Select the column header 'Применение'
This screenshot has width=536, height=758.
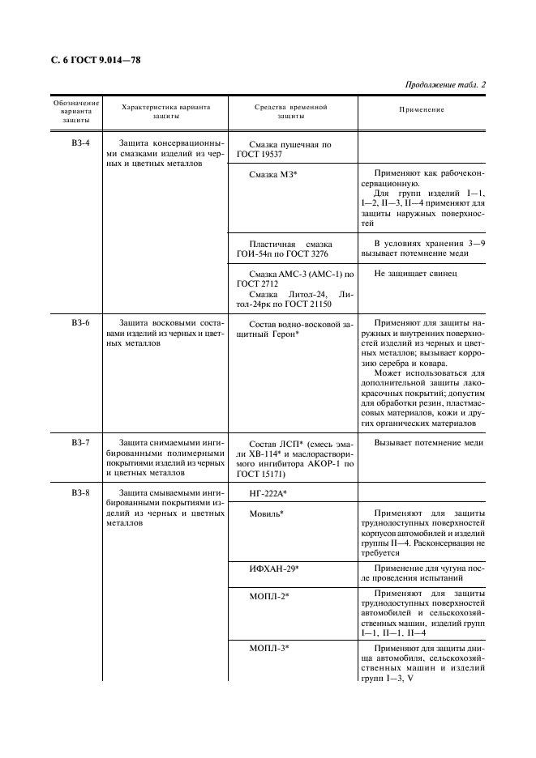pyautogui.click(x=422, y=109)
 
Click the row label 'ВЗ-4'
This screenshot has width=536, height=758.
pyautogui.click(x=79, y=143)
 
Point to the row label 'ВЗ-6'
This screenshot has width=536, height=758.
pyautogui.click(x=79, y=322)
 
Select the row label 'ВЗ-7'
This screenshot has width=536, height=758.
pyautogui.click(x=79, y=443)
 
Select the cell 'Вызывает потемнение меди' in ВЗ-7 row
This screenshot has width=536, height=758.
pyautogui.click(x=428, y=443)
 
